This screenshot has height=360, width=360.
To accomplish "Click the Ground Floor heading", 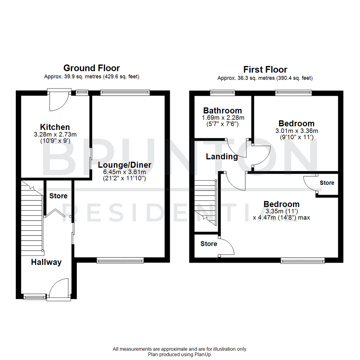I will tap(91, 68).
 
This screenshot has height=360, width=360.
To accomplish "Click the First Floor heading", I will tap(265, 70).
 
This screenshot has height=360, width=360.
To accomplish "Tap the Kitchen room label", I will tap(55, 127).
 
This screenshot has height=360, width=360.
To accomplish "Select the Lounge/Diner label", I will tap(125, 165).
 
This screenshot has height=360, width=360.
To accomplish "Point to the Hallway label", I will tap(46, 262).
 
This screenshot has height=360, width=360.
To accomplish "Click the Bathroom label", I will tap(223, 111).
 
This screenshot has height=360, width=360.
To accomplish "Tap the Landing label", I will tap(222, 156).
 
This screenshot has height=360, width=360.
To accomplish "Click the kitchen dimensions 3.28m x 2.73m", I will tap(55, 134).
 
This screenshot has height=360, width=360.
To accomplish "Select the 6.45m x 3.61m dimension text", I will tap(125, 172).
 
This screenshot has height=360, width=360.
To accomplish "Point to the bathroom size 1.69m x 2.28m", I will tap(223, 118).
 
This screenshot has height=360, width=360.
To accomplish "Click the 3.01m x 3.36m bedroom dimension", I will tap(297, 131).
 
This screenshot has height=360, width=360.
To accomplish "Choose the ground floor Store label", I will tap(58, 196).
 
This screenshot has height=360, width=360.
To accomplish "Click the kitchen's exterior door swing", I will tap(59, 102).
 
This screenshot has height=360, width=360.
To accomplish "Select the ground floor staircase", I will tap(32, 217).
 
